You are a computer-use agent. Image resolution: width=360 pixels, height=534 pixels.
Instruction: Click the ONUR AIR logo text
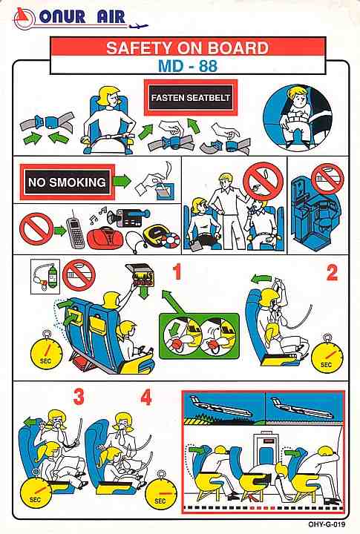[82, 16]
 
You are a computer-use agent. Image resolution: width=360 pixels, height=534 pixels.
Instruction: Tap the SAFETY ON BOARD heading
[188, 48]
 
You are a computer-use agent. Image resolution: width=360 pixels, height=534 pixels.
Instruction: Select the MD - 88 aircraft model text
[188, 65]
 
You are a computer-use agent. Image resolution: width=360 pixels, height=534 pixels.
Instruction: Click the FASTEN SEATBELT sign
[191, 98]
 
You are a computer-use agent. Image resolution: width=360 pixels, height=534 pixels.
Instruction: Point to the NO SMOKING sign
[67, 182]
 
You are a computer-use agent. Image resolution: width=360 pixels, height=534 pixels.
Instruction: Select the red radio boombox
[105, 238]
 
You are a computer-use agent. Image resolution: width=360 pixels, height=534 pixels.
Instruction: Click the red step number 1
[177, 272]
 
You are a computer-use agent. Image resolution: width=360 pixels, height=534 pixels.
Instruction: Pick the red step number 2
[332, 273]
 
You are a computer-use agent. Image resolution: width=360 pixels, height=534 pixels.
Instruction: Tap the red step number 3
[79, 397]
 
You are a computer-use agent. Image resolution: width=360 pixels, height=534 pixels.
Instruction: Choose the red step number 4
[146, 397]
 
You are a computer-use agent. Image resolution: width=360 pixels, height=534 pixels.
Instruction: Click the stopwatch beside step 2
[327, 356]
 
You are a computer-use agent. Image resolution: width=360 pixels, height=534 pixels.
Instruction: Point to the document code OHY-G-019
[327, 524]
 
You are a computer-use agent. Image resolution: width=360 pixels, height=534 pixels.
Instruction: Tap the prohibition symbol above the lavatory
[328, 179]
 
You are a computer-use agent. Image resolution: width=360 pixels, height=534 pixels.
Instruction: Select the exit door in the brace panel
[266, 450]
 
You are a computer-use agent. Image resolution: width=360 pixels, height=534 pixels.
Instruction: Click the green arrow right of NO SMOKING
[122, 181]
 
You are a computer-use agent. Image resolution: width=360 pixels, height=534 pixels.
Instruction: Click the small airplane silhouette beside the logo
[139, 25]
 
